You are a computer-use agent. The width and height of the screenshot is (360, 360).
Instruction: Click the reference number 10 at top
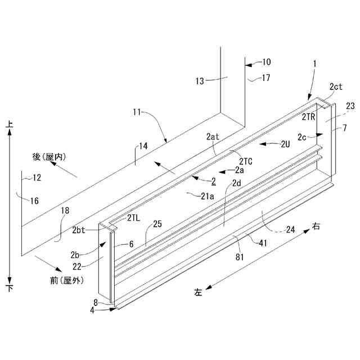click(x=266, y=62)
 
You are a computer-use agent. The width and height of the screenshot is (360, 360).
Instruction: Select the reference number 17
click(x=266, y=78)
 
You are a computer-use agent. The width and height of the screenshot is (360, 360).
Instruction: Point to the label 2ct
click(x=336, y=86)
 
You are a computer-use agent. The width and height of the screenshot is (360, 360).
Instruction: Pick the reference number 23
click(x=350, y=105)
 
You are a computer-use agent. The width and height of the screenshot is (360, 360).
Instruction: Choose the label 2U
click(x=285, y=144)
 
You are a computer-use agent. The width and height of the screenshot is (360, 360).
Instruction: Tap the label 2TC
click(x=246, y=161)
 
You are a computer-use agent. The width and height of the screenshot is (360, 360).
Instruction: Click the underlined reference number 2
click(x=213, y=181)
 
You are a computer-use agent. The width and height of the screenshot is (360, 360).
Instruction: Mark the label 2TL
click(x=133, y=218)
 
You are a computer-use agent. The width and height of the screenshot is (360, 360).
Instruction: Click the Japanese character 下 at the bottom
click(x=10, y=288)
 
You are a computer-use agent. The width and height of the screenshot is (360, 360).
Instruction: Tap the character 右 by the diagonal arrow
click(x=316, y=227)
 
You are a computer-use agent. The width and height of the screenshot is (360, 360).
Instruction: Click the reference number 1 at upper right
click(x=315, y=64)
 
